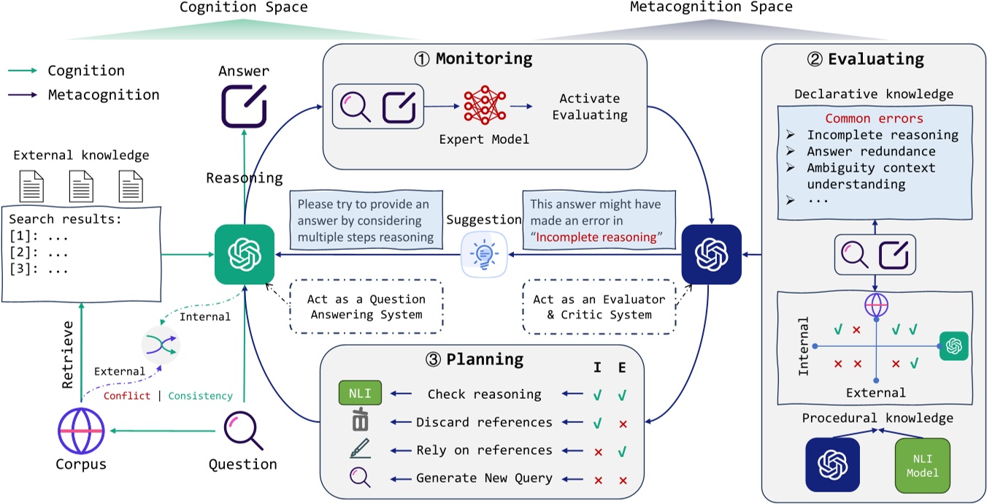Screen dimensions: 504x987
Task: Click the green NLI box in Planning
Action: pyautogui.click(x=361, y=394)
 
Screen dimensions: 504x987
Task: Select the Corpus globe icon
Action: pyautogui.click(x=82, y=432)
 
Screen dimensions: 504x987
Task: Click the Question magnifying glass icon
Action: pyautogui.click(x=242, y=432)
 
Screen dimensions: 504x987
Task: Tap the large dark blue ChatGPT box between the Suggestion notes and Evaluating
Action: pyautogui.click(x=711, y=254)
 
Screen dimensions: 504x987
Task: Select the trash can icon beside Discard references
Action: pyautogui.click(x=360, y=423)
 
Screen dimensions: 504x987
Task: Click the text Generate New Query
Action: pyautogui.click(x=484, y=479)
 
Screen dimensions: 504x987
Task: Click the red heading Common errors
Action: pyautogui.click(x=874, y=118)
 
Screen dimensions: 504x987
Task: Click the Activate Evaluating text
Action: pyautogui.click(x=589, y=107)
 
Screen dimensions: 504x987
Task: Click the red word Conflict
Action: pyautogui.click(x=127, y=396)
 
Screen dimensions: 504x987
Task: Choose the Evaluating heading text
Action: pyautogui.click(x=875, y=59)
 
